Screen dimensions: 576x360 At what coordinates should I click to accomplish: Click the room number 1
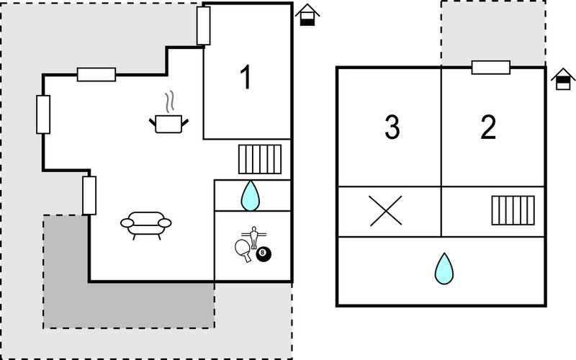246,77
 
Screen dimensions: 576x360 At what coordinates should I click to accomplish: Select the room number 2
488,127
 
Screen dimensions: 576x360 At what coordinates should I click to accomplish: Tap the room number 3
392,127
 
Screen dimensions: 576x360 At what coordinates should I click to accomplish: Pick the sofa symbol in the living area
146,225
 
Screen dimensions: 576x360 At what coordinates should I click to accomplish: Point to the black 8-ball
263,254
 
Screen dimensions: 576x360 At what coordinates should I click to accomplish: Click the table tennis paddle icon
243,250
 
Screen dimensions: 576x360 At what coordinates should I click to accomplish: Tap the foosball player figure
253,238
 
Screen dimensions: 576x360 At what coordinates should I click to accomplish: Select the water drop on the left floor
250,196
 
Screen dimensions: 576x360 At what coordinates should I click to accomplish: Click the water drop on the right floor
444,269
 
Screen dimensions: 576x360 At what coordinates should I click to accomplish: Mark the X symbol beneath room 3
386,211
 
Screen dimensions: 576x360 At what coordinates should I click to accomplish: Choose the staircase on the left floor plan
260,159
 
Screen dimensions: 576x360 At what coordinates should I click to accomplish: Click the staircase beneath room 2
513,210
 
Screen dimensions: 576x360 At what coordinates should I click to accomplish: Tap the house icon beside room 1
307,14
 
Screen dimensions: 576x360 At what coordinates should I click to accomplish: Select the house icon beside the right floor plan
563,79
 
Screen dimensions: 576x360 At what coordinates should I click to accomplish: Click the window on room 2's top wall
491,68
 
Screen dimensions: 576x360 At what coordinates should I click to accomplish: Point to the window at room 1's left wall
204,26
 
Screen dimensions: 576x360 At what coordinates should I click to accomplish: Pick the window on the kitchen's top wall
96,75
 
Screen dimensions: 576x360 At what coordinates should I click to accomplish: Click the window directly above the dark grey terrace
89,195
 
